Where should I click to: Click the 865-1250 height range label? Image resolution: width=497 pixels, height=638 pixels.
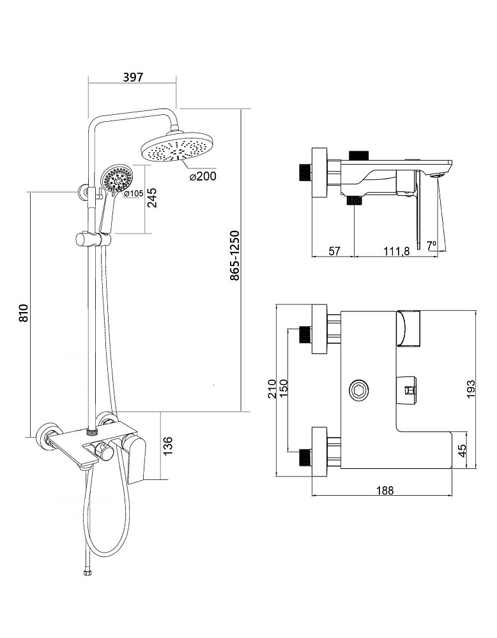tap(234, 256)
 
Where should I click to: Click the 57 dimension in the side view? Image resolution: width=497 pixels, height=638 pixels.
tap(333, 251)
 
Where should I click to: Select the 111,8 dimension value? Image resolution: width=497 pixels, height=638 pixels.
tap(396, 251)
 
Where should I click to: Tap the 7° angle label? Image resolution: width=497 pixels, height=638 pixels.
tap(431, 244)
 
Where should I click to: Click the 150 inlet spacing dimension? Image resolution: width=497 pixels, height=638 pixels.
tap(284, 389)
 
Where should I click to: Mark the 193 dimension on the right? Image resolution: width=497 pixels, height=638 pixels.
tap(471, 389)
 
